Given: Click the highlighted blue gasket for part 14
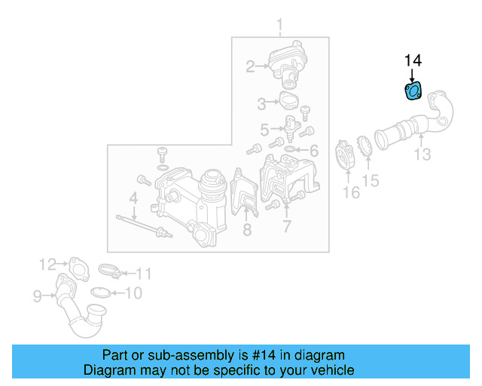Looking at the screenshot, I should point(413,91).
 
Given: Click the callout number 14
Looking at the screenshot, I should point(413,60).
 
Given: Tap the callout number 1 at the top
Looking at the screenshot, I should point(279,29).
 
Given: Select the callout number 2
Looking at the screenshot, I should point(249,67).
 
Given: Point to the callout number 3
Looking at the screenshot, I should point(261,103).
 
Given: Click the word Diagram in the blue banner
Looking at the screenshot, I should point(107,370).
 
